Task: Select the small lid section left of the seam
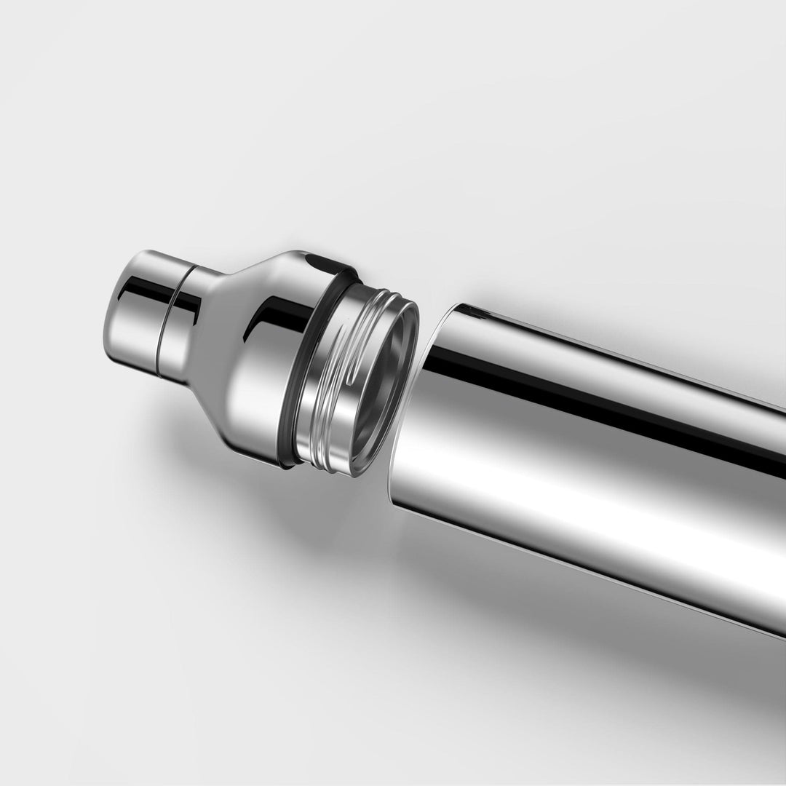(135, 313)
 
